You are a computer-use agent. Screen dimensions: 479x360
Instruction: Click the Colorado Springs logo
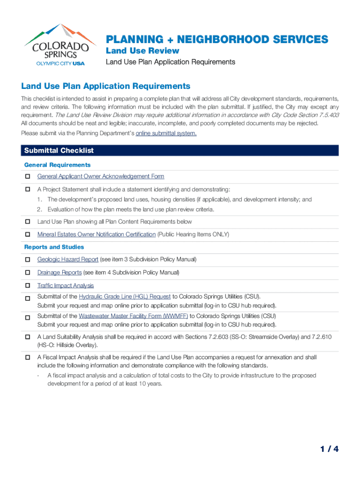(x=57, y=45)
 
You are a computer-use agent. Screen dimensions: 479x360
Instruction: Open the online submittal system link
(x=166, y=134)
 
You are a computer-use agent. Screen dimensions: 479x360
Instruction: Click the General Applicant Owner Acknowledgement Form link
(x=101, y=176)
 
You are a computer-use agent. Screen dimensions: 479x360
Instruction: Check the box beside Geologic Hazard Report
(x=28, y=260)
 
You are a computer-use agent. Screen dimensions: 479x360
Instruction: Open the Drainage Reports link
(x=59, y=272)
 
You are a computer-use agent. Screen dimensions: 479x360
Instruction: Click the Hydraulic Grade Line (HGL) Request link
(x=124, y=297)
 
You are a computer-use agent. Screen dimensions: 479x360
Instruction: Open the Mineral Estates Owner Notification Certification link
(x=96, y=234)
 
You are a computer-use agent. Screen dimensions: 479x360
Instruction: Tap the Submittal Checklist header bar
(x=180, y=151)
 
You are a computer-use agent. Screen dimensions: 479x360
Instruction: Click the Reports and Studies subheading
(x=54, y=247)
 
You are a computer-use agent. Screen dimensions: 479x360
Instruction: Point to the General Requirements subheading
(x=57, y=165)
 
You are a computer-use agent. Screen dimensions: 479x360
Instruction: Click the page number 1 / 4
(x=329, y=450)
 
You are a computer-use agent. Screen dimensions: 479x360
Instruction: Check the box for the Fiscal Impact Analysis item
(x=28, y=358)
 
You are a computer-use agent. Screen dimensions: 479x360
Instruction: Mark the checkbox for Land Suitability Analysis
(x=28, y=337)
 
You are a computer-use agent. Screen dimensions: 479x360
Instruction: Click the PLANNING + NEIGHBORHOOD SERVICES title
(x=217, y=39)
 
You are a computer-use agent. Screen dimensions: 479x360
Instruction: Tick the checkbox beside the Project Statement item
(x=28, y=190)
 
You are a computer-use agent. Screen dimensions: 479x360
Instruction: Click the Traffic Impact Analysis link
(x=65, y=285)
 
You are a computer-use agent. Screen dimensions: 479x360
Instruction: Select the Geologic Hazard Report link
(x=68, y=259)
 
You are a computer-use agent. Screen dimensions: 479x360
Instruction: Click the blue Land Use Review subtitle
(x=142, y=51)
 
